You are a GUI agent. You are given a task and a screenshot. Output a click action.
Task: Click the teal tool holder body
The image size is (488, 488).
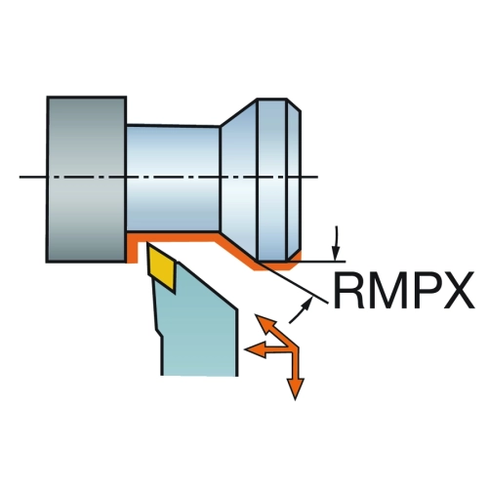point(198,329)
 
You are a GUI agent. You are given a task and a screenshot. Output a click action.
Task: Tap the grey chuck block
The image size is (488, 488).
point(86,179)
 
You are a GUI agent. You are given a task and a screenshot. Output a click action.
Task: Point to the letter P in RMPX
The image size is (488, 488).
point(424,291)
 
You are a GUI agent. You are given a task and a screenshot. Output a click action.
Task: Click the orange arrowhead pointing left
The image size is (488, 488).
point(255,349)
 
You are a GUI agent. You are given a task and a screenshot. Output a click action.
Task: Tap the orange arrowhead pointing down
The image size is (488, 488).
point(296,388)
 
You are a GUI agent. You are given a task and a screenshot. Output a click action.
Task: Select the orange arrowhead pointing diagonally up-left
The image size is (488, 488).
point(264,323)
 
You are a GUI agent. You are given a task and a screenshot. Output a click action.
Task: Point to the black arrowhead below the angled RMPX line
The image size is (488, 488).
point(306,304)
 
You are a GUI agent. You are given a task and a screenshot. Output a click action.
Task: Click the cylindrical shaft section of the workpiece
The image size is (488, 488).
point(173,179)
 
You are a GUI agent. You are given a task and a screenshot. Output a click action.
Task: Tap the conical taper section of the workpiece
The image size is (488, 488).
point(239,179)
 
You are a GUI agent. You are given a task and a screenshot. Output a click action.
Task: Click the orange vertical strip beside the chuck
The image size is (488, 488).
point(132,249)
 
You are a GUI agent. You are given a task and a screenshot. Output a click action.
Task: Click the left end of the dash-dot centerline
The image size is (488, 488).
point(20,177)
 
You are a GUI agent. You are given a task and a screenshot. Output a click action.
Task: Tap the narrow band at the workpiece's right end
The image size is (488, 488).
point(294,180)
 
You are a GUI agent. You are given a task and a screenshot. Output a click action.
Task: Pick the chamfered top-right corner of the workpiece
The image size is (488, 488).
point(295,104)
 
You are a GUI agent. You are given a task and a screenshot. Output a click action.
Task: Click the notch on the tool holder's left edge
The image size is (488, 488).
point(159,332)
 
